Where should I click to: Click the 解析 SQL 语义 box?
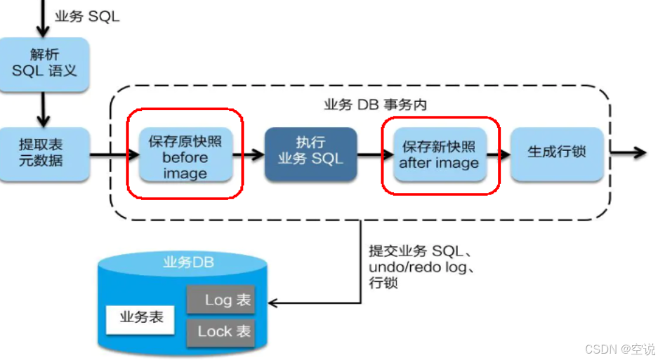pyautogui.click(x=44, y=64)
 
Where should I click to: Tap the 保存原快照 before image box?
pyautogui.click(x=185, y=156)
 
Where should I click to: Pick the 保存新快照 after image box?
pyautogui.click(x=439, y=155)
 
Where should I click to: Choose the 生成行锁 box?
pyautogui.click(x=556, y=152)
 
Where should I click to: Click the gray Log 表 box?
pyautogui.click(x=220, y=300)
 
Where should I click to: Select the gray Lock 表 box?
pyautogui.click(x=220, y=331)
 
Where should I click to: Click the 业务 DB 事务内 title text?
pyautogui.click(x=375, y=105)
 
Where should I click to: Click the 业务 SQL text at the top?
pyautogui.click(x=87, y=16)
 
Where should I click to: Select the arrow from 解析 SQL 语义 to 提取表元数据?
pyautogui.click(x=43, y=109)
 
